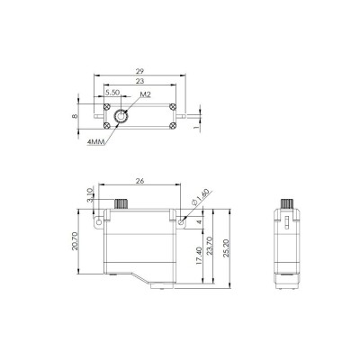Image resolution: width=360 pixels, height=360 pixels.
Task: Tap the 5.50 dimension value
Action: [x=112, y=93]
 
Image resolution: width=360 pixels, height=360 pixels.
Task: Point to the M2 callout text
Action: [x=143, y=94]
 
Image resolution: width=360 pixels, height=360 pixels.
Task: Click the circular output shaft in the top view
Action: [x=121, y=115]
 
